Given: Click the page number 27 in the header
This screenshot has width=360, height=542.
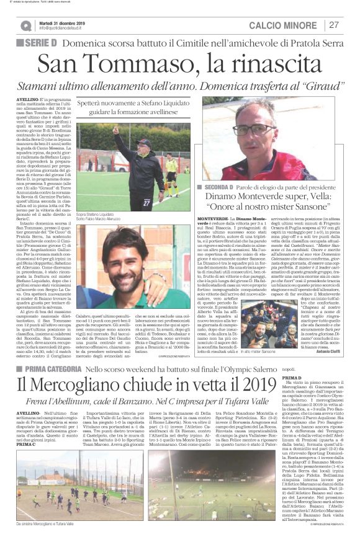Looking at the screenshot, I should (x=334, y=25).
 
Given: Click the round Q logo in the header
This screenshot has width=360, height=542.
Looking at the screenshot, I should (x=26, y=25).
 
